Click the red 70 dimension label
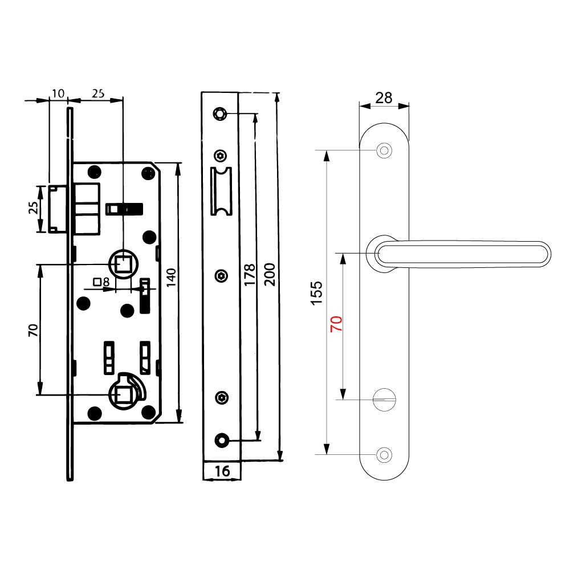[x=336, y=325]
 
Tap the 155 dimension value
[x=317, y=293]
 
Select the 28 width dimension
[x=384, y=97]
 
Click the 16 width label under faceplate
[x=222, y=471]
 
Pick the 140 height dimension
[x=170, y=278]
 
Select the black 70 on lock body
[x=32, y=331]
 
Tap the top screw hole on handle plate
[x=385, y=151]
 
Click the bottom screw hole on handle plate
[x=385, y=454]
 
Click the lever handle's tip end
[x=544, y=254]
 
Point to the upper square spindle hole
[x=123, y=264]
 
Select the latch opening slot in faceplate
[x=221, y=192]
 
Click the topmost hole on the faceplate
[x=219, y=113]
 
